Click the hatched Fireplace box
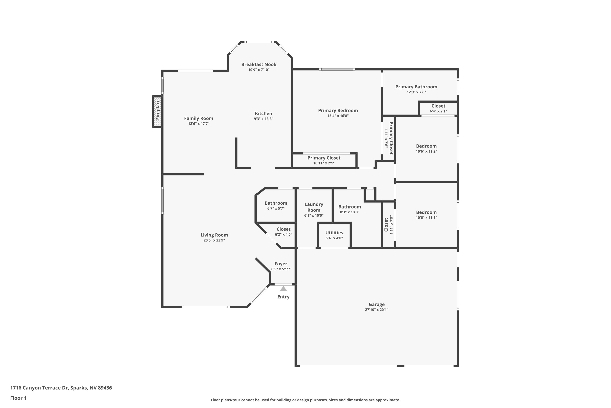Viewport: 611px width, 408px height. point(157,111)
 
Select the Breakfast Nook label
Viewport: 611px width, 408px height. point(259,64)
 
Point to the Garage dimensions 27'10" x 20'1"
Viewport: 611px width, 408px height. point(376,310)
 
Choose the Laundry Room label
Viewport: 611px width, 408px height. point(314,207)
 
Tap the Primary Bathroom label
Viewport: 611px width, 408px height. point(416,87)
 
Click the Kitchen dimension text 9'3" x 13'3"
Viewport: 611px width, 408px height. point(263,119)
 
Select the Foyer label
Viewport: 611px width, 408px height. point(281,264)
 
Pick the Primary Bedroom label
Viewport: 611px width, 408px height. point(338,111)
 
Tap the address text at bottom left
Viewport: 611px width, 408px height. point(61,388)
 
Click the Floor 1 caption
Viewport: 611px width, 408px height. point(18,398)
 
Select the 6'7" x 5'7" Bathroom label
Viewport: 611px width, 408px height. point(276,203)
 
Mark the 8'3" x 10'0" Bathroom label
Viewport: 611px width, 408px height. point(349,207)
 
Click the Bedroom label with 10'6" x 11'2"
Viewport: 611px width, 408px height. point(426,146)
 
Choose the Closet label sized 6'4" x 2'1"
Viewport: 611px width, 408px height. point(438,106)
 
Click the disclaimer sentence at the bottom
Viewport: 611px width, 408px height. point(305,400)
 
